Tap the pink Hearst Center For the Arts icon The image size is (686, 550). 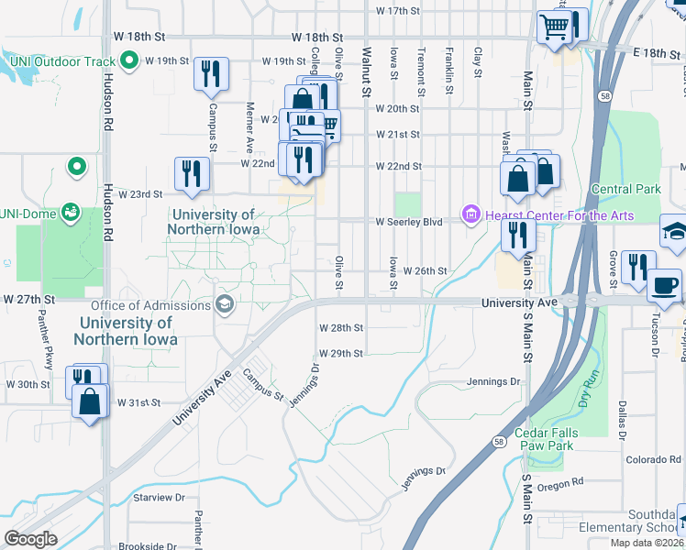pos(471,215)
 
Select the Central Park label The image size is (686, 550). pos(625,190)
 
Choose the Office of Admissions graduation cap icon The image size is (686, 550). pos(224,304)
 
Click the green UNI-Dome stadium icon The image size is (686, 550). pos(70,214)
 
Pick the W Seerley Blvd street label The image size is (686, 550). pos(408,222)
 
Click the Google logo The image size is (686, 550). pos(30,538)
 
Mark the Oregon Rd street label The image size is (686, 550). pos(559,484)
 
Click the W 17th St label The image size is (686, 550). pos(397,11)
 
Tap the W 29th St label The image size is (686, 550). pos(340,353)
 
